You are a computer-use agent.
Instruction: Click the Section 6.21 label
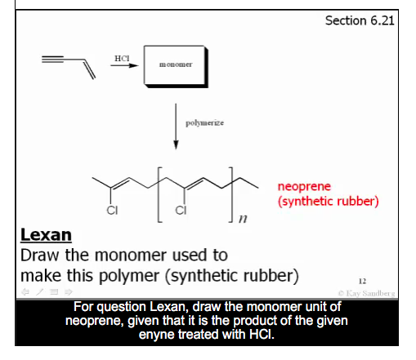pos(360,20)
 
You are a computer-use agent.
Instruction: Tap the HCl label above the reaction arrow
pos(123,57)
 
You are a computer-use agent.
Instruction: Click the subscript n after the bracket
pos(243,220)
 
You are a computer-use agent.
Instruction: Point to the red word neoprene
pos(304,186)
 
